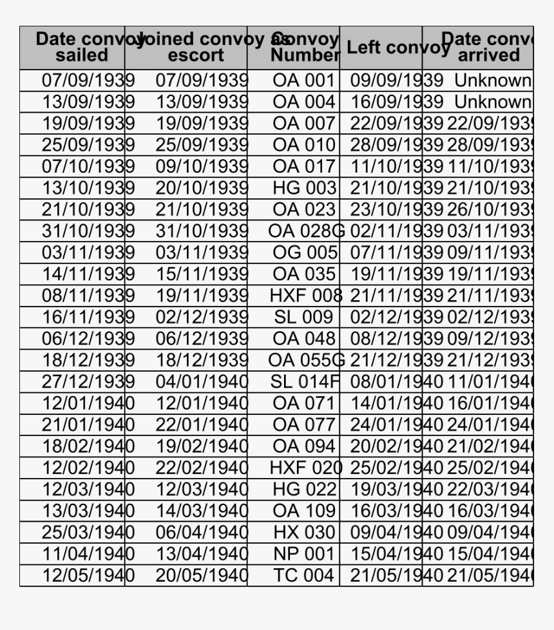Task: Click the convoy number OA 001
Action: point(303,81)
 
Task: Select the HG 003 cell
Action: point(304,188)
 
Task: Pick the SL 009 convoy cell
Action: point(303,317)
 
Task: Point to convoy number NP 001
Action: point(303,553)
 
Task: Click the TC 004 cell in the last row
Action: point(303,575)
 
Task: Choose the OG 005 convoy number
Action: point(304,253)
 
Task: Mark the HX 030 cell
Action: point(303,532)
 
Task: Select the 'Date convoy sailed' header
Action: point(82,48)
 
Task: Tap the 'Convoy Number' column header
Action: point(304,48)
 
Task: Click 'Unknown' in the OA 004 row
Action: point(492,102)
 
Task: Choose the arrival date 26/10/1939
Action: point(490,209)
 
